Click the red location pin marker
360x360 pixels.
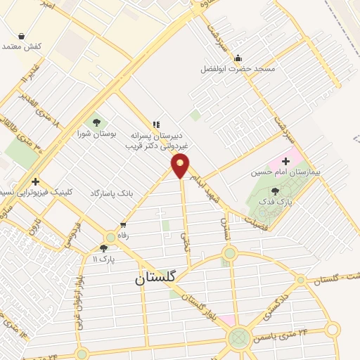(x=181, y=167)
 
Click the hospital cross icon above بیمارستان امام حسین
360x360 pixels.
(x=285, y=161)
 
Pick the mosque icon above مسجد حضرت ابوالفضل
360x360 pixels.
(x=238, y=58)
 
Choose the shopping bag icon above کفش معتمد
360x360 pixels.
(x=21, y=35)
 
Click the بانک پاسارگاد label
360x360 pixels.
(x=111, y=192)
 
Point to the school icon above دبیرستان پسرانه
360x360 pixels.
(x=155, y=124)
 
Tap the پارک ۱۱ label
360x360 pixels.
(x=104, y=259)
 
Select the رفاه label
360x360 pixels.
(x=124, y=236)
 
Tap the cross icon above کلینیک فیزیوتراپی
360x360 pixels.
(x=35, y=162)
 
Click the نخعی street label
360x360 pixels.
(x=186, y=243)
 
